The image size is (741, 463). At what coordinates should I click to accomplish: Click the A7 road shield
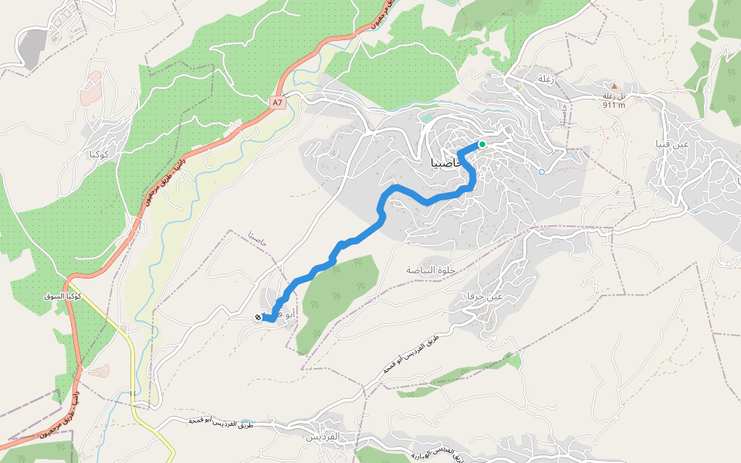tap(278, 102)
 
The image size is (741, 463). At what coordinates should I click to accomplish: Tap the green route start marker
tap(482, 144)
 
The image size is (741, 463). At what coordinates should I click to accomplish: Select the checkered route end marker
tap(258, 317)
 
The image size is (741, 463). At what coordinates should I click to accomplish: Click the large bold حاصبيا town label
tap(443, 164)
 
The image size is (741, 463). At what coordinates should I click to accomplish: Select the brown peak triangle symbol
tap(614, 86)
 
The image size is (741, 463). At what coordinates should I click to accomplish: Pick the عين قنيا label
tap(669, 144)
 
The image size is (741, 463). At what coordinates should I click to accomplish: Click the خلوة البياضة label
tap(431, 270)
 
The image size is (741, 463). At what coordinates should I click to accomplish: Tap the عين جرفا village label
tap(485, 296)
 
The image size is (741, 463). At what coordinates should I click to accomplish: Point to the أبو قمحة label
tap(279, 314)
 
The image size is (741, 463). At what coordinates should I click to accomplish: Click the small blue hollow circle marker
tap(542, 171)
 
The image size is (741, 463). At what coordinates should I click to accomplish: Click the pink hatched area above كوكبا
tap(92, 89)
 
